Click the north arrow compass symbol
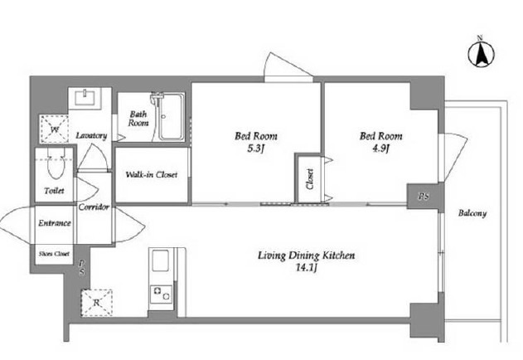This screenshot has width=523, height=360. [481, 53]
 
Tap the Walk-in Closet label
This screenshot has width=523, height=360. [152, 174]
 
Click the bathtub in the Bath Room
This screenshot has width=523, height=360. [171, 117]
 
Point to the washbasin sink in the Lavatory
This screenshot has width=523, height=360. [85, 98]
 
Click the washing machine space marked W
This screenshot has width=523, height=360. [55, 129]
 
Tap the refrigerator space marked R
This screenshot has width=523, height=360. [97, 303]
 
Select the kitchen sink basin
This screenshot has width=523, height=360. [161, 260]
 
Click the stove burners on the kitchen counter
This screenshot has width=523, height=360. [161, 294]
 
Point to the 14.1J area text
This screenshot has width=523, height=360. [306, 267]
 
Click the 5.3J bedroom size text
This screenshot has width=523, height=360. [255, 148]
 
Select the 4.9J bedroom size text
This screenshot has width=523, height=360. [380, 148]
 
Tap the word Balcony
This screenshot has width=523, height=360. [472, 213]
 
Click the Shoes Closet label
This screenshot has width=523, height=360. [55, 254]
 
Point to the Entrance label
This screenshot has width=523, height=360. [55, 223]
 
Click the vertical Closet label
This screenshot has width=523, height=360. [310, 179]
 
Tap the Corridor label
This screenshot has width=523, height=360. [94, 207]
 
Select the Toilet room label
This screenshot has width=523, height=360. [54, 191]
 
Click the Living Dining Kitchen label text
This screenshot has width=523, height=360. [306, 255]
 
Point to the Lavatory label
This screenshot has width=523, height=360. [91, 135]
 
